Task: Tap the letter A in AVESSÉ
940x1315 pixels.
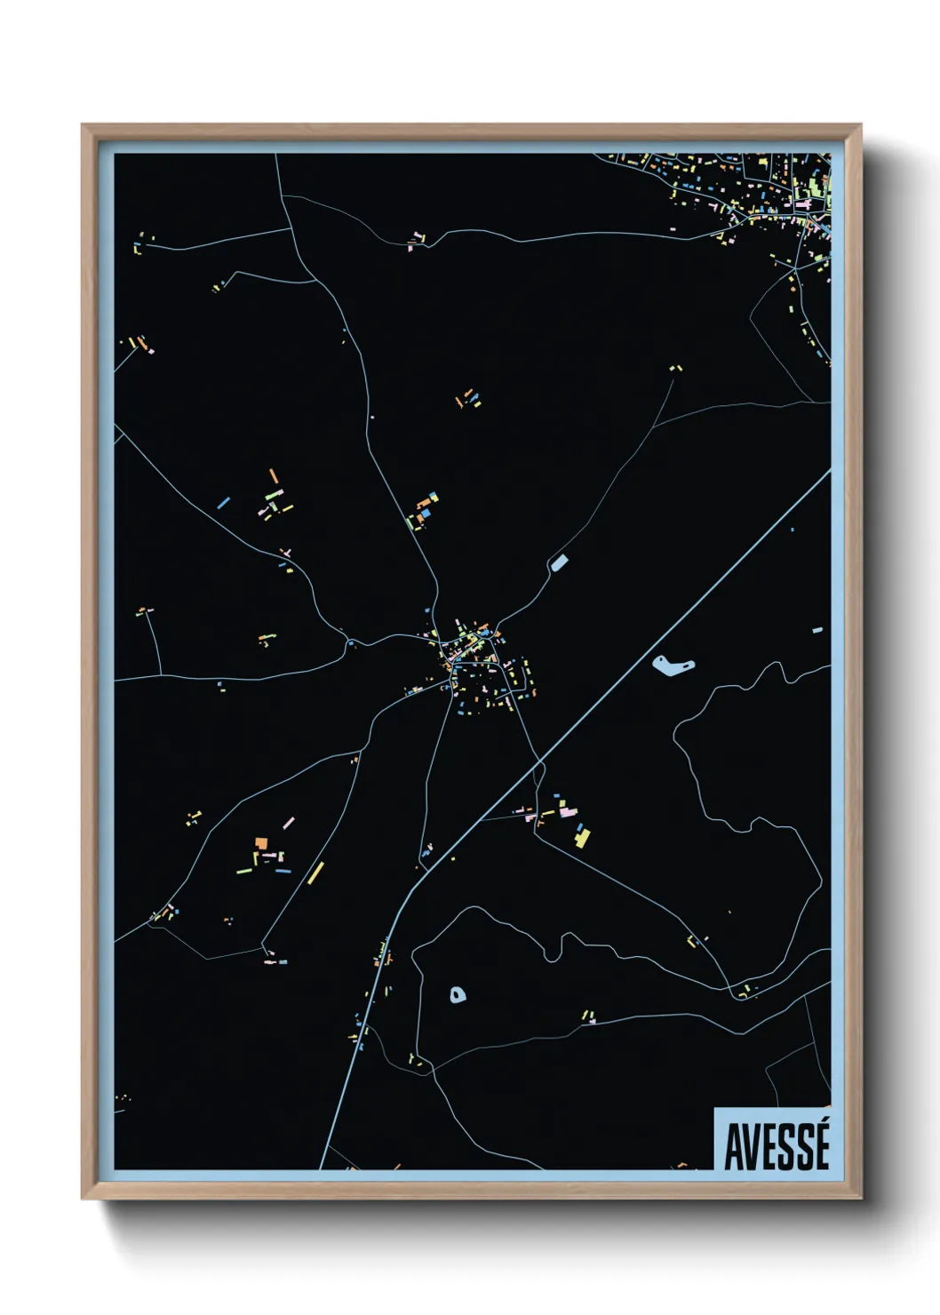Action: (x=735, y=1148)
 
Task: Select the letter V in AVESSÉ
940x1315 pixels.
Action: (x=752, y=1148)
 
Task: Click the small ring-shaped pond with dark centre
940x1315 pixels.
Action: (x=458, y=994)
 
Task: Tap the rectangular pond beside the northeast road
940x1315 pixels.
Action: (x=559, y=562)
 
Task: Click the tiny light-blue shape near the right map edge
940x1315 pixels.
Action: (x=817, y=630)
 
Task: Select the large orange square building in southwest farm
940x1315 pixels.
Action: (x=260, y=842)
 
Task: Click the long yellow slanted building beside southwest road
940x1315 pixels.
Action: (x=315, y=873)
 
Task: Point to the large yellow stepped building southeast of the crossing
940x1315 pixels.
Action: (x=582, y=835)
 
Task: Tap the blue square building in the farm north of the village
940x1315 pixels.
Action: (x=426, y=512)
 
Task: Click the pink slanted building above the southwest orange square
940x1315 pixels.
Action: (x=289, y=823)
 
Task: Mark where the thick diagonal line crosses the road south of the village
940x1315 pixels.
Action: (x=538, y=762)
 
